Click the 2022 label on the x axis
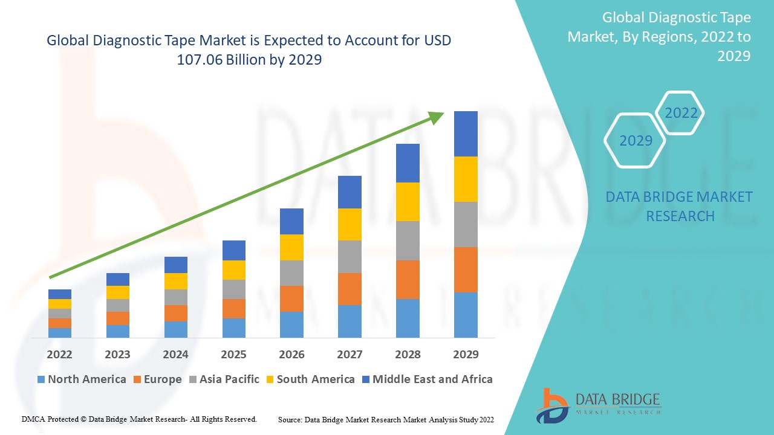(59, 354)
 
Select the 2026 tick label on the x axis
(291, 354)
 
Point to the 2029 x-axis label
(466, 354)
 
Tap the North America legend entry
(82, 379)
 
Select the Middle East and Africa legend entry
(427, 379)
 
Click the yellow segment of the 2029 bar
(466, 179)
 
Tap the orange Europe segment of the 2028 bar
(408, 279)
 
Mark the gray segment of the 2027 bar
(350, 257)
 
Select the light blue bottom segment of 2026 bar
(291, 324)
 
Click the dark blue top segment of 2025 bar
(233, 250)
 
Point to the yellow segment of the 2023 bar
(117, 292)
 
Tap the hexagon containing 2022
(681, 113)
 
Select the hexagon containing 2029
(636, 140)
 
